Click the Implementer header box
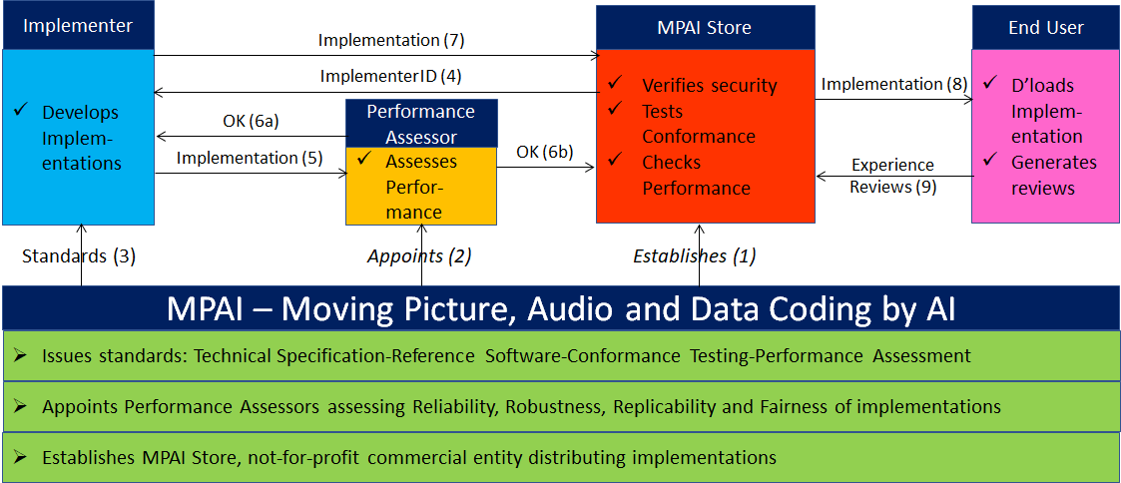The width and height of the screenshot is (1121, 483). [78, 25]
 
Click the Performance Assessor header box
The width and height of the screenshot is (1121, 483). [421, 123]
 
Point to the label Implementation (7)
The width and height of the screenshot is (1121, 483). [391, 40]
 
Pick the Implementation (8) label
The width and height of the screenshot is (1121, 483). [893, 84]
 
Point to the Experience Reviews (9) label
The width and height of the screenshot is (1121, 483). [893, 176]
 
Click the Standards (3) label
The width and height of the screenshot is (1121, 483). [79, 255]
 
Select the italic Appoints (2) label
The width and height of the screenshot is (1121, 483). [419, 255]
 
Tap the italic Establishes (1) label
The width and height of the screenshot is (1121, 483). [694, 255]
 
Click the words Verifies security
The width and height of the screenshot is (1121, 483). [709, 86]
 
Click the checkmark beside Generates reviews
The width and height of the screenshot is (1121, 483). [990, 160]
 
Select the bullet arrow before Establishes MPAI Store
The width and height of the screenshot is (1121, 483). [20, 456]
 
